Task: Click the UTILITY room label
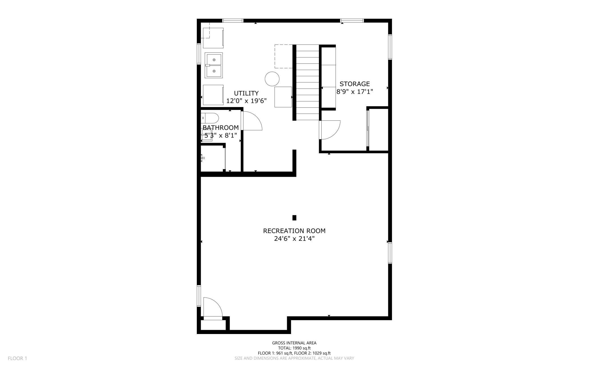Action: click(246, 93)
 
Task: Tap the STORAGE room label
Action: click(355, 84)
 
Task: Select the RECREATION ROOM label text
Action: click(294, 231)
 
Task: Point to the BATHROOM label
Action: click(221, 127)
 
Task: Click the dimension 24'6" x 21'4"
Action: click(294, 239)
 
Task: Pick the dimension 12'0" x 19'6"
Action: click(246, 101)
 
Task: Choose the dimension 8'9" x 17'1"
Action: click(355, 92)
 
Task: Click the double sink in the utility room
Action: click(214, 65)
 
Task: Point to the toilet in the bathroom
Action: click(210, 118)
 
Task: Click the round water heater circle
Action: click(272, 79)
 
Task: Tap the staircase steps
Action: click(308, 82)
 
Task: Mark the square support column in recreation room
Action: click(294, 218)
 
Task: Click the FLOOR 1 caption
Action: click(17, 358)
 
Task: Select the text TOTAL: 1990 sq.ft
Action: click(294, 348)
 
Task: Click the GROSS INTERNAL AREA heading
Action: click(294, 343)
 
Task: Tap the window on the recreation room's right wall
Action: click(390, 253)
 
